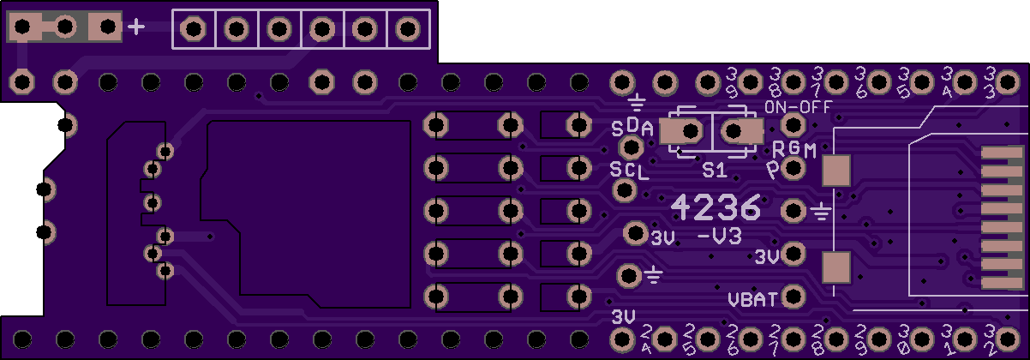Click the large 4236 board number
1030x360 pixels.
tap(715, 207)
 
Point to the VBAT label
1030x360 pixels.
tap(752, 300)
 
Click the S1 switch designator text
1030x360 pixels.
tap(714, 171)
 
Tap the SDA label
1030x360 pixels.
tap(632, 129)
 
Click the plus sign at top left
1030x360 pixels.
tap(135, 28)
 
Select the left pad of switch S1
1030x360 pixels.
tap(688, 132)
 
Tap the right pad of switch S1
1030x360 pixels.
tap(736, 132)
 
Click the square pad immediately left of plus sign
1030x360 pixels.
tap(106, 28)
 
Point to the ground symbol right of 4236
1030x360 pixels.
tap(822, 210)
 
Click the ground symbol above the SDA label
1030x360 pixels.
tap(637, 105)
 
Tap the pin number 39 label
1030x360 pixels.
tap(732, 83)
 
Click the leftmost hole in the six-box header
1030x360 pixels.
tap(194, 30)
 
